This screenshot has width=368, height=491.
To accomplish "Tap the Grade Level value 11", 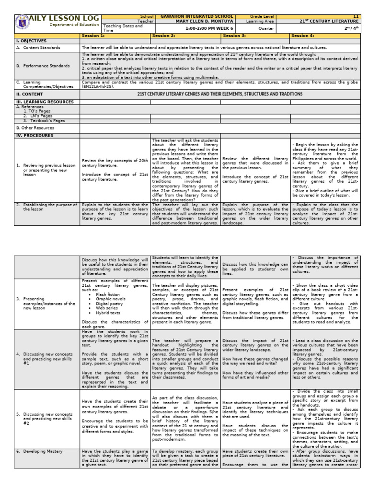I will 356,16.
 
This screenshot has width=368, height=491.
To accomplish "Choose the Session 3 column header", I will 234,35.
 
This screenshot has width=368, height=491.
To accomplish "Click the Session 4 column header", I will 303,35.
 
